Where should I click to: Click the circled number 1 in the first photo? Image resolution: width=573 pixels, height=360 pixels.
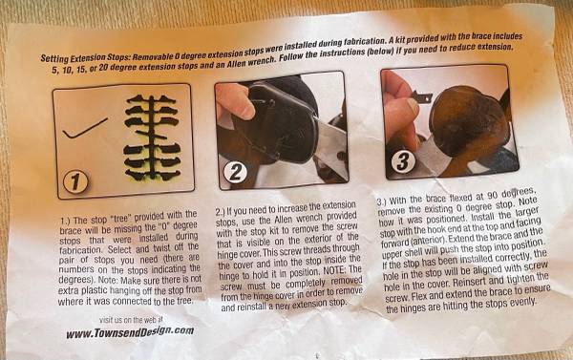(x=75, y=182)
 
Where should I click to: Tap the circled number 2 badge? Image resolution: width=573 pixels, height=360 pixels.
(x=235, y=172)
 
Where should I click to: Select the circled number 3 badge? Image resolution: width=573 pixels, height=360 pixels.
(x=403, y=161)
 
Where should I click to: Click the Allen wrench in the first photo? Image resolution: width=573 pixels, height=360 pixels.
(x=85, y=128)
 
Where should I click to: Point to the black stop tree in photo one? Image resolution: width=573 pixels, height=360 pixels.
(x=152, y=138)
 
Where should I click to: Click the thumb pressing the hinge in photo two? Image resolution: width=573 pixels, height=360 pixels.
(x=235, y=101)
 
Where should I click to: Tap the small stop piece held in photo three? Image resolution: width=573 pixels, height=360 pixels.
(x=422, y=97)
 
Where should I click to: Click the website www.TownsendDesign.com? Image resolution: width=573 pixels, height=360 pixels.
(x=130, y=332)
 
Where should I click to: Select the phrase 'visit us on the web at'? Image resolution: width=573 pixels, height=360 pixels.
(x=131, y=320)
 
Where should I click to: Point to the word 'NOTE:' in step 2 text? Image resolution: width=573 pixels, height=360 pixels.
(x=335, y=271)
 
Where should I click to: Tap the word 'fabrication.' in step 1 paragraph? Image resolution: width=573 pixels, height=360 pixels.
(x=81, y=250)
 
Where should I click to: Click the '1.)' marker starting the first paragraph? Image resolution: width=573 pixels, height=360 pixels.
(x=66, y=221)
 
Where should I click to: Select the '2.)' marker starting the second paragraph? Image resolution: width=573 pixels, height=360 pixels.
(x=221, y=212)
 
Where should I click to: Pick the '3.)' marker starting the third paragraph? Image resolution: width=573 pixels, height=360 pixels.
(x=382, y=202)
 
